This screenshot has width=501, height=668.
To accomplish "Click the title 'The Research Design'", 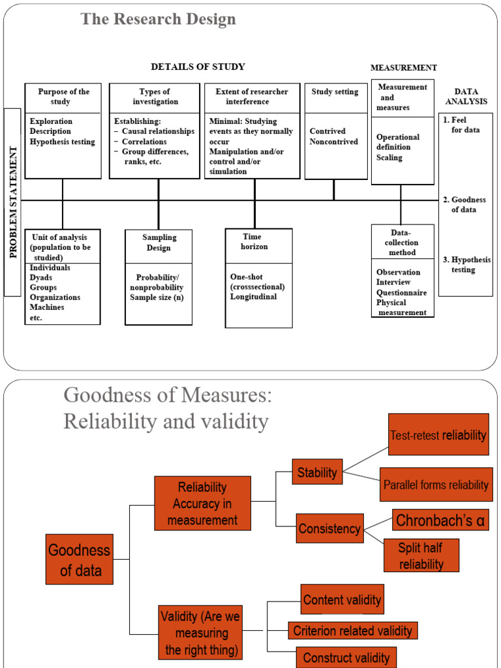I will (x=158, y=20).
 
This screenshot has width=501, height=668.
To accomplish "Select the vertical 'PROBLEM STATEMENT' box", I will (x=12, y=202).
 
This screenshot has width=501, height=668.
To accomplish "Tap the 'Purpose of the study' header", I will (x=63, y=97).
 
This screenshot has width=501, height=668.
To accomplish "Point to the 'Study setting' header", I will (x=335, y=92).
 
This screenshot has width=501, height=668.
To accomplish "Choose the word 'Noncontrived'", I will (x=333, y=142).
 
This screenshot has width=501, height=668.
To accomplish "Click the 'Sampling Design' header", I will (x=159, y=243).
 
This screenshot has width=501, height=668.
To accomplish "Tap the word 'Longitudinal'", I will (x=253, y=297).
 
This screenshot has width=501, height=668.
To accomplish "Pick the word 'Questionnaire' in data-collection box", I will (x=401, y=293).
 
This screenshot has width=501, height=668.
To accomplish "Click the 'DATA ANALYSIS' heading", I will (x=470, y=97).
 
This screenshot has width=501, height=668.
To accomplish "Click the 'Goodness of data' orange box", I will (x=80, y=559).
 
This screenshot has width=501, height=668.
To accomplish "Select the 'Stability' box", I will (x=317, y=472).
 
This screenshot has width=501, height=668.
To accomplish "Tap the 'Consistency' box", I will (x=329, y=528).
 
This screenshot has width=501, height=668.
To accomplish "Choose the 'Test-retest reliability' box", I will (x=438, y=435).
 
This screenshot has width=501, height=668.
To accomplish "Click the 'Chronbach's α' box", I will (x=440, y=521).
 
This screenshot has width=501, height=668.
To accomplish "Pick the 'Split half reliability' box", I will (x=421, y=556).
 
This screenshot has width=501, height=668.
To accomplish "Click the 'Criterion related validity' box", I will (x=352, y=631).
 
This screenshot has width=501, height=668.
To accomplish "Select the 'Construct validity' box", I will (x=346, y=658).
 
